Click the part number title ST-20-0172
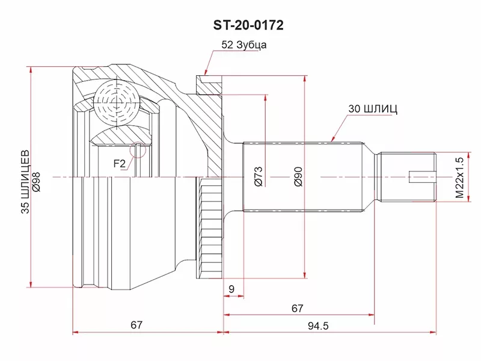248,25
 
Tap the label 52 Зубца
244,45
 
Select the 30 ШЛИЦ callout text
373,109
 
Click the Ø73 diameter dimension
259,176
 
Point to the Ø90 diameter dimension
298,176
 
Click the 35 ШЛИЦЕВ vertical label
25,182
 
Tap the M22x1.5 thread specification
459,177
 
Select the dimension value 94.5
318,326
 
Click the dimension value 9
231,289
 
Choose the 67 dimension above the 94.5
297,308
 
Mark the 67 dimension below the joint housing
136,325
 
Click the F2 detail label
120,164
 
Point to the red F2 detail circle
138,150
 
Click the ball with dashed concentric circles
117,102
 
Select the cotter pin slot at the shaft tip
423,177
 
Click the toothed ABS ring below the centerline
210,228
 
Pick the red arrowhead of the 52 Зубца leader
206,72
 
